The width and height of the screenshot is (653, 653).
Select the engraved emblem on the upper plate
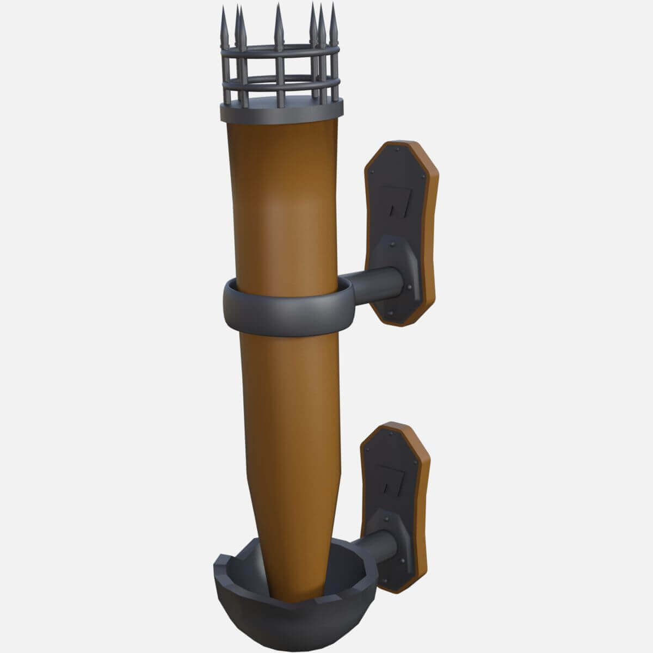[x=394, y=201]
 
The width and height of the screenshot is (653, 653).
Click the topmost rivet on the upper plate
[x=400, y=147]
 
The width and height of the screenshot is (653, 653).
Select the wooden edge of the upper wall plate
[x=429, y=229]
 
